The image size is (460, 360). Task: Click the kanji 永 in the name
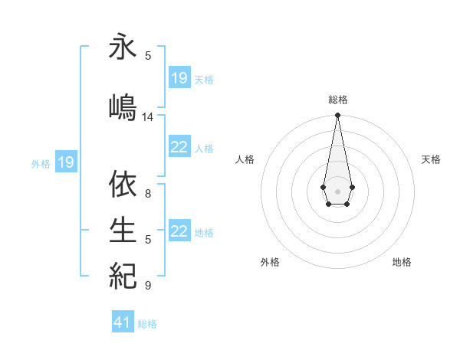(123, 47)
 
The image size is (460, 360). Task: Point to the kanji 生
(123, 229)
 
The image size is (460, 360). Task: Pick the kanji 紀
(123, 274)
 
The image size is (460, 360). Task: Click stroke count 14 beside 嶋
(148, 117)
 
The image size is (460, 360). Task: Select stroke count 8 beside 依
(148, 194)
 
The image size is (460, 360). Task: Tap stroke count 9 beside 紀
(148, 286)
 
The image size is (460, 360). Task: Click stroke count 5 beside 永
(148, 56)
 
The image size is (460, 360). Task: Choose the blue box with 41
(123, 322)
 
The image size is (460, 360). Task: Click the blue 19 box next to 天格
(179, 78)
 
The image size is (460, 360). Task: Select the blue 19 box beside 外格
(66, 162)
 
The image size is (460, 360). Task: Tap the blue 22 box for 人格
(179, 147)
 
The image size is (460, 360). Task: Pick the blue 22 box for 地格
(179, 231)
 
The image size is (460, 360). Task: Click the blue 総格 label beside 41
(147, 324)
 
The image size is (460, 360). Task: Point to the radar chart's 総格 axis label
(338, 100)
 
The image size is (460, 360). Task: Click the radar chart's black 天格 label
(432, 159)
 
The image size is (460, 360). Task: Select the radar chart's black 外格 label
(270, 262)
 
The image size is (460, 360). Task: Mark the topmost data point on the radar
(337, 116)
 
